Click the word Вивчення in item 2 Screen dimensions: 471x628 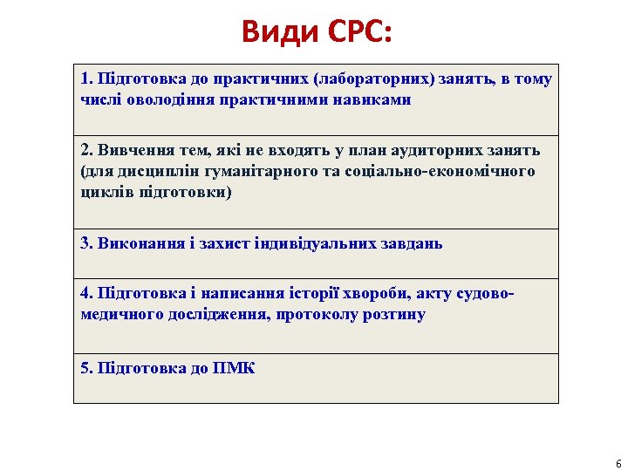[x=129, y=150]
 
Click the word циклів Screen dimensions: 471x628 [x=104, y=192]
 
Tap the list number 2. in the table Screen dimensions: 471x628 [x=86, y=150]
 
